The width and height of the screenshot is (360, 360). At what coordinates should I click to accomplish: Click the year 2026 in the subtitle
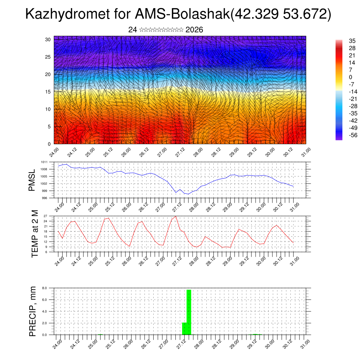coord(194,30)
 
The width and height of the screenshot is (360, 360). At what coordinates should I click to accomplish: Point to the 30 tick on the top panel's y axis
coord(48,39)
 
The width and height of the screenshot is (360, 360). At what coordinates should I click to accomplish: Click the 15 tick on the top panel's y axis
coord(48,92)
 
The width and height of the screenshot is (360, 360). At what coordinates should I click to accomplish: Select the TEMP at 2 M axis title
coord(34,233)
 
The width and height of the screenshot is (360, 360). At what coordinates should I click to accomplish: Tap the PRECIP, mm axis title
coord(33,311)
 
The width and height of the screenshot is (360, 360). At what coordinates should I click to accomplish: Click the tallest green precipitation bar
coord(189,312)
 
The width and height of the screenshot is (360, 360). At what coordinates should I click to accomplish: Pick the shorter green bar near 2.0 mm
coord(184,328)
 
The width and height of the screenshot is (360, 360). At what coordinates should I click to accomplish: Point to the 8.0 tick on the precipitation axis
coord(45,288)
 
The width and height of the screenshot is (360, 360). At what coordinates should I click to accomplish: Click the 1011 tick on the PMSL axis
coord(44,162)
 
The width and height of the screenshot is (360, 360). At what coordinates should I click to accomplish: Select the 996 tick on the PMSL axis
coord(44,198)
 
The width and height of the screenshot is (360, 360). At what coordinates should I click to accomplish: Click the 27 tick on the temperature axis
coord(45,216)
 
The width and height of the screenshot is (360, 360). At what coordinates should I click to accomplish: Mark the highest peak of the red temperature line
coord(176,216)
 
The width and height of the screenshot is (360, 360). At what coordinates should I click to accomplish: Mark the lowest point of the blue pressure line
coord(188,194)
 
